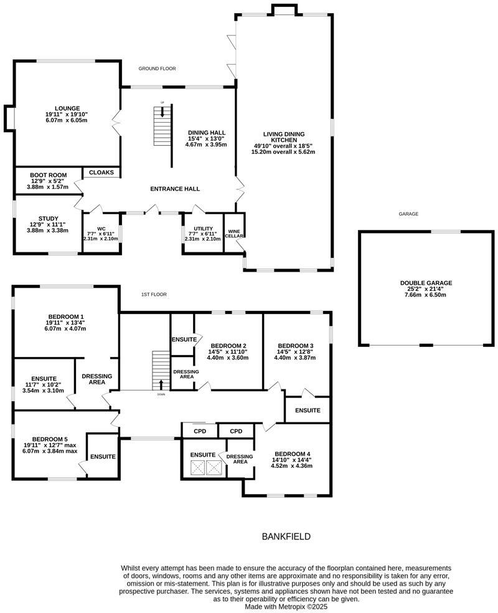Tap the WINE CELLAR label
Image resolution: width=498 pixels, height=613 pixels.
(x=235, y=233)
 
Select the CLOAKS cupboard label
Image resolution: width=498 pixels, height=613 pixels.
(x=101, y=173)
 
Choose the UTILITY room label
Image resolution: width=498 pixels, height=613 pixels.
(x=204, y=229)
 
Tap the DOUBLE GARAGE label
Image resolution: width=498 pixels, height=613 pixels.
(x=426, y=283)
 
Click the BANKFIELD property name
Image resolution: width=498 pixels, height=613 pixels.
(x=286, y=536)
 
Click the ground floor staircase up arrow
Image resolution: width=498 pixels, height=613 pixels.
(x=162, y=112)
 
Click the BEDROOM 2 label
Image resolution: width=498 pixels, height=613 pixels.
(x=228, y=346)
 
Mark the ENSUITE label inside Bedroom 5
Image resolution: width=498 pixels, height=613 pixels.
(x=103, y=457)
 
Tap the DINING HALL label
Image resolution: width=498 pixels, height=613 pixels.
(x=206, y=133)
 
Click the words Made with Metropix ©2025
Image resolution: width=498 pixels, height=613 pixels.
(x=286, y=606)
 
